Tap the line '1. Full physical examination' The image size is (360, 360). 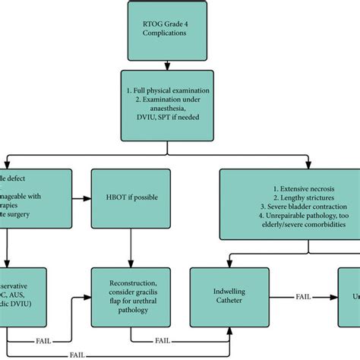point(179,90)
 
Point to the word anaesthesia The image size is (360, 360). point(179,112)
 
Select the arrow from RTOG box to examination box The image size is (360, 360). point(179,67)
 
